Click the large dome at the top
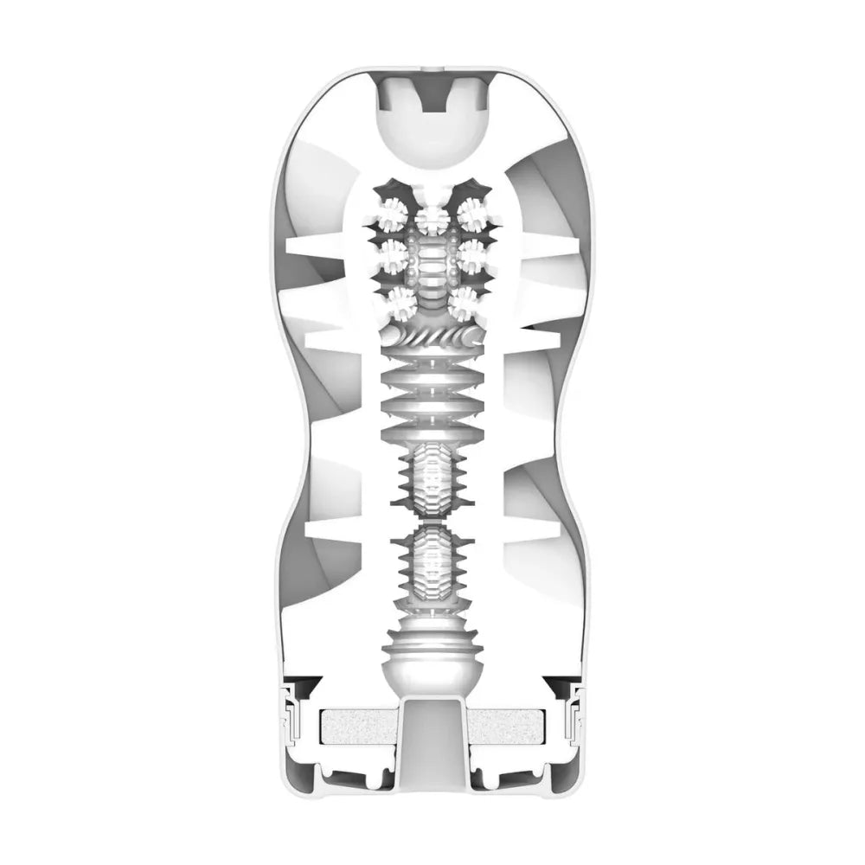(432, 130)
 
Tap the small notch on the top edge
(432, 67)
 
